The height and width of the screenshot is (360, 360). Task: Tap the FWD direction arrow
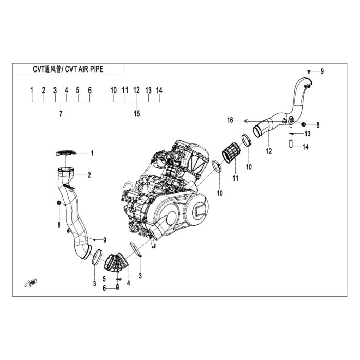click(x=30, y=283)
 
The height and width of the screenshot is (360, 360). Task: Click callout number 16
click(x=230, y=120)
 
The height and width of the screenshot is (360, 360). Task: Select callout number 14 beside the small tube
click(x=305, y=147)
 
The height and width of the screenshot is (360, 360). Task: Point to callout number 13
click(x=307, y=133)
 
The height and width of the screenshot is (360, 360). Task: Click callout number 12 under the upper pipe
click(x=268, y=151)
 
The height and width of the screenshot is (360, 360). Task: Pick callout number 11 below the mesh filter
click(x=235, y=178)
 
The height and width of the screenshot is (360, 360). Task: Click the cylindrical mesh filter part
click(x=231, y=154)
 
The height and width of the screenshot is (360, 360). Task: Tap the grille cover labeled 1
click(x=66, y=153)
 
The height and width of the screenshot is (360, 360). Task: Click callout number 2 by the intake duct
click(x=89, y=175)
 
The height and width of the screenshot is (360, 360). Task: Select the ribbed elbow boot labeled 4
click(x=116, y=262)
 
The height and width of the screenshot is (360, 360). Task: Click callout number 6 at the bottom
click(x=104, y=289)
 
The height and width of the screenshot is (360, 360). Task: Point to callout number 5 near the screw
click(x=104, y=279)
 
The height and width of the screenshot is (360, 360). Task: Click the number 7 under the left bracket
click(x=61, y=114)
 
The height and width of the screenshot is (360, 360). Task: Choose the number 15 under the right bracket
click(x=137, y=114)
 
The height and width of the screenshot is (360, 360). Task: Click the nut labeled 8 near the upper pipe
click(x=304, y=124)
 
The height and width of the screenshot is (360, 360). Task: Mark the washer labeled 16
click(x=246, y=121)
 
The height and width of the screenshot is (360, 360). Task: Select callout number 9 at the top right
click(x=322, y=71)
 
